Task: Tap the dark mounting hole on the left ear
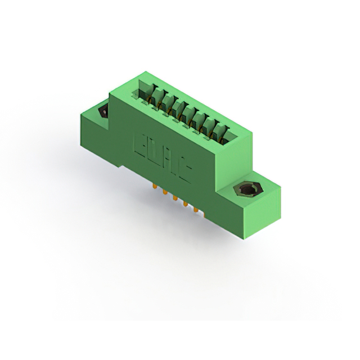point(105,111)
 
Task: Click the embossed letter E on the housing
point(140,145)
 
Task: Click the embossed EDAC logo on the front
point(161,158)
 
